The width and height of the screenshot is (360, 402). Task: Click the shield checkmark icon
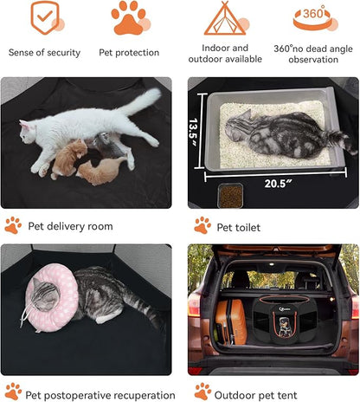point(45,17)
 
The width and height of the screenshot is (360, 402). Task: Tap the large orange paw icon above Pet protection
point(128,18)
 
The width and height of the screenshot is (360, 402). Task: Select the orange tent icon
point(225,18)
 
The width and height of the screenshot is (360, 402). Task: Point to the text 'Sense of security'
point(44,53)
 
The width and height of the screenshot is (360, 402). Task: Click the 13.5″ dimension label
point(193,132)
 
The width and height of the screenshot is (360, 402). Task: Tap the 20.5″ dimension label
point(278,184)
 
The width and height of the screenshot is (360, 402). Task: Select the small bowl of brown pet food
point(230,196)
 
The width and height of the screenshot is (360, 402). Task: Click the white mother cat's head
point(28,132)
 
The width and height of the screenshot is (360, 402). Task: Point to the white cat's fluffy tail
point(140,101)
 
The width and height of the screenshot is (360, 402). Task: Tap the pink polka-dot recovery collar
point(51,297)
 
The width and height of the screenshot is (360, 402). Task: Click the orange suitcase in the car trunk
point(230,322)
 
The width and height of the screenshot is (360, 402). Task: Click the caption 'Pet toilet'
point(238,228)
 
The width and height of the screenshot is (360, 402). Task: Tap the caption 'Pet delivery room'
point(70,226)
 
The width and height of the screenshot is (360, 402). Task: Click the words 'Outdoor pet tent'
point(255,395)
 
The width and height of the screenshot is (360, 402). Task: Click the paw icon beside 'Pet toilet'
point(202,225)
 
